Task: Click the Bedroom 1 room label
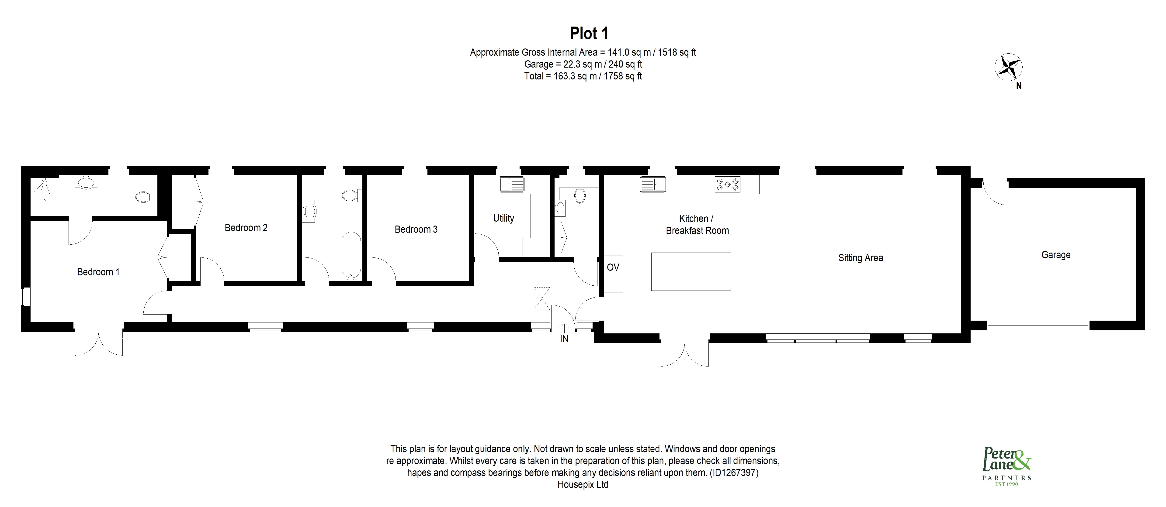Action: click(x=98, y=272)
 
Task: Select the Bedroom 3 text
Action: click(x=416, y=229)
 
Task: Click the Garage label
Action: click(x=1055, y=255)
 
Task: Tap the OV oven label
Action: click(x=613, y=267)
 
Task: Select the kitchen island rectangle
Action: click(x=691, y=271)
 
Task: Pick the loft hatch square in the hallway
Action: click(x=541, y=298)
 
